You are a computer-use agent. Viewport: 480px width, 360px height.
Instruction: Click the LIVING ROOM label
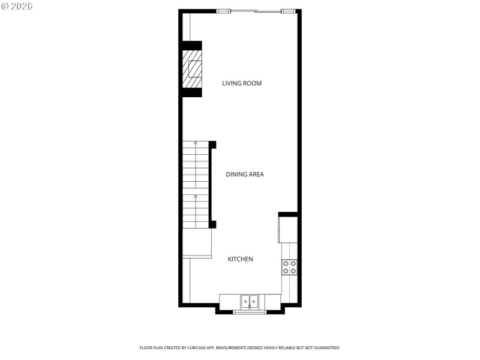[x=242, y=83]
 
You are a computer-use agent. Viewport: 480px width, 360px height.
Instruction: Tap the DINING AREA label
[x=245, y=175]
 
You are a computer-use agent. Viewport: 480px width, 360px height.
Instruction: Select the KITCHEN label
[x=240, y=259]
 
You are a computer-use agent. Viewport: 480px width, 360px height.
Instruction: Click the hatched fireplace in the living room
[x=193, y=69]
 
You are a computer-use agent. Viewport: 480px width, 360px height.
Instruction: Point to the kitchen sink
[x=250, y=301]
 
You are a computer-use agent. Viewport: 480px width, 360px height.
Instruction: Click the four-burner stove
[x=290, y=267]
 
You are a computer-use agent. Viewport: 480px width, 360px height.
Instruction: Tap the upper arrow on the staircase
[x=196, y=143]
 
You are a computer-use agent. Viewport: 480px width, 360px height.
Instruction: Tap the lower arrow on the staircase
[x=196, y=196]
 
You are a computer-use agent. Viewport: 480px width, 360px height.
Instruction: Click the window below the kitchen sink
[x=250, y=312]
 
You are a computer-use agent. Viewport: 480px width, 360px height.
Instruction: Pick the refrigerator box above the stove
[x=288, y=230]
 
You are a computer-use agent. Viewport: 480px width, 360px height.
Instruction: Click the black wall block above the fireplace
[x=192, y=46]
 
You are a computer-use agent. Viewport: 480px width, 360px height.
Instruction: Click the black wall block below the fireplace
[x=192, y=92]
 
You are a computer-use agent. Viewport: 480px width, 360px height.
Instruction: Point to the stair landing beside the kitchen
[x=197, y=244]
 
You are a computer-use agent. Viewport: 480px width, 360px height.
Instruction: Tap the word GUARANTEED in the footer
[x=325, y=348]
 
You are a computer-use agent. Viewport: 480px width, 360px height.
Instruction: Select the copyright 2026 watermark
[x=17, y=6]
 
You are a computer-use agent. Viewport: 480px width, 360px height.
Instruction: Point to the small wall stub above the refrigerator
[x=288, y=214]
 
